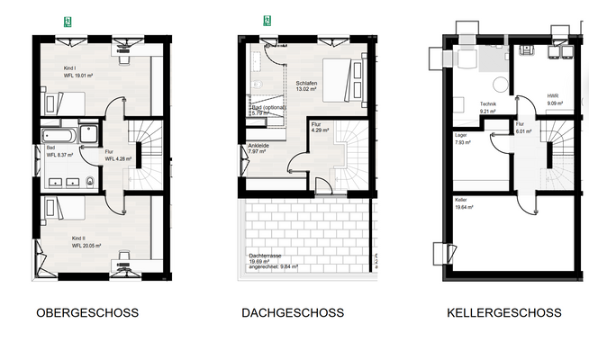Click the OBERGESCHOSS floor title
point(86,313)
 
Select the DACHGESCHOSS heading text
point(293,313)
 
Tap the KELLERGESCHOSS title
point(503,313)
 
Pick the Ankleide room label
point(258,145)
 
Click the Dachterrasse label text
point(267,255)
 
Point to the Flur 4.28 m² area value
point(119,158)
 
